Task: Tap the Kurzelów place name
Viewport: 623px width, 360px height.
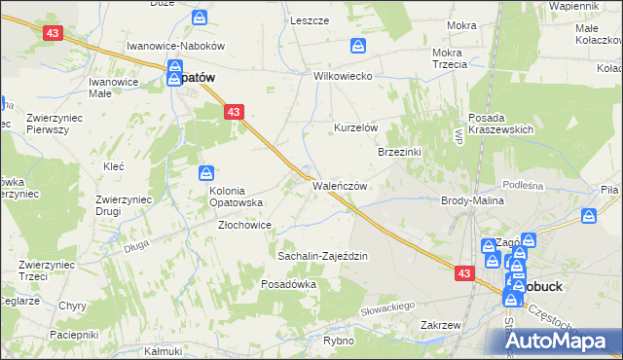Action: pyautogui.click(x=355, y=128)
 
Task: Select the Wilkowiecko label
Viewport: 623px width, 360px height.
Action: pyautogui.click(x=343, y=76)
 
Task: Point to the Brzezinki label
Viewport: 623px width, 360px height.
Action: pyautogui.click(x=399, y=152)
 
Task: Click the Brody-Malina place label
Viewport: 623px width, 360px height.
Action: pyautogui.click(x=471, y=199)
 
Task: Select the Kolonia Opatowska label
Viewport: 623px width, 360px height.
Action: pyautogui.click(x=238, y=197)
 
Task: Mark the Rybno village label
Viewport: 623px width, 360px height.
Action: pyautogui.click(x=337, y=342)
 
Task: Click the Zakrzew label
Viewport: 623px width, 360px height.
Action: pyautogui.click(x=440, y=325)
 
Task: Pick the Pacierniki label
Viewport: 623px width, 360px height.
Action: pyautogui.click(x=71, y=334)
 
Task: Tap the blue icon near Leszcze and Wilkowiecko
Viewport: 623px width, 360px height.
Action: pyautogui.click(x=358, y=46)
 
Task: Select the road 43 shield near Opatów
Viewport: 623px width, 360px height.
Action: pyautogui.click(x=233, y=113)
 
